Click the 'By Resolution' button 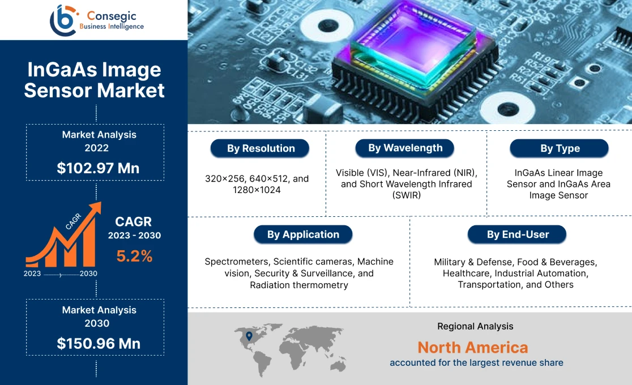pos(261,148)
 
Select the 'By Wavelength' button pos(405,148)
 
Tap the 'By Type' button pos(560,148)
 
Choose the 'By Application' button pos(302,234)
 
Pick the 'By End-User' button pos(517,234)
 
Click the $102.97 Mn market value pos(98,168)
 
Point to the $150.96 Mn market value pos(99,343)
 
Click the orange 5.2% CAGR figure pos(134,256)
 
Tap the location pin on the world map pos(249,336)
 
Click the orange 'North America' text pos(473,347)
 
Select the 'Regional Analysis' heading pos(475,326)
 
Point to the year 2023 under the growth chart pos(32,273)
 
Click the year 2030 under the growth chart pos(88,273)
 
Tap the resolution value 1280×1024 pos(257,190)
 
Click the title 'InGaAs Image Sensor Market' pos(94,80)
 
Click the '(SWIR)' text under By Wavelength pos(405,195)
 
